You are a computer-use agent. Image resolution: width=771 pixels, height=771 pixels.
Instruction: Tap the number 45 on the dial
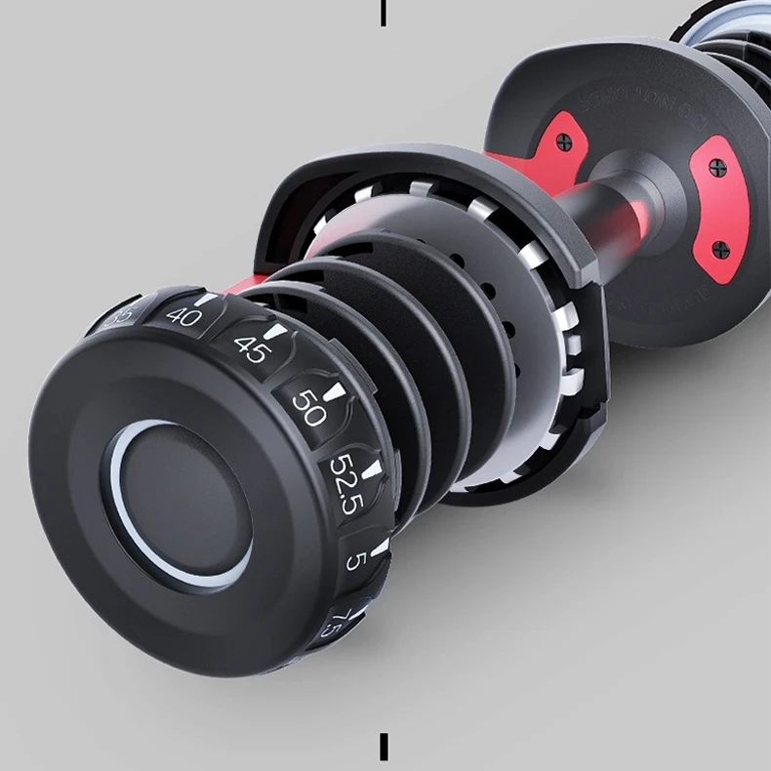pos(252,348)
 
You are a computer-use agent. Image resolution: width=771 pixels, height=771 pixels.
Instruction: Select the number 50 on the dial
pos(309,408)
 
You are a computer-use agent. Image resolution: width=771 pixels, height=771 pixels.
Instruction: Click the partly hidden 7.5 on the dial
pos(333,623)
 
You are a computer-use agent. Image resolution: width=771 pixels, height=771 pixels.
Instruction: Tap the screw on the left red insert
pos(562,142)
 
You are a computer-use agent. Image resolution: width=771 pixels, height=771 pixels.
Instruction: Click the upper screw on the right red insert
pos(718,168)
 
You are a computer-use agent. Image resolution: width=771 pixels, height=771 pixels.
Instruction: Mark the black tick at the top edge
pos(383,13)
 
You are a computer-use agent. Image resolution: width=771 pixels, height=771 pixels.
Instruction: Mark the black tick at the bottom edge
pos(384,747)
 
